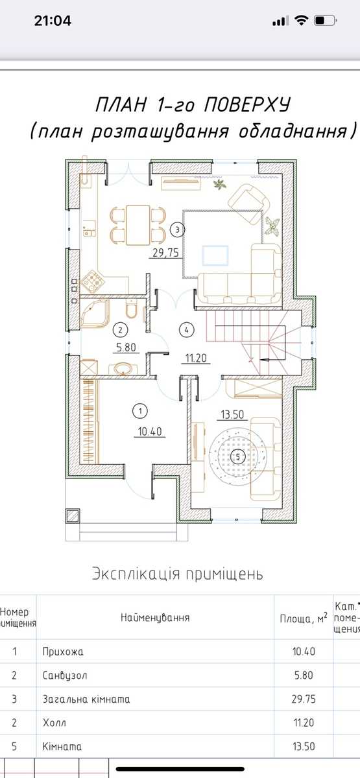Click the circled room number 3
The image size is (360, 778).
178,230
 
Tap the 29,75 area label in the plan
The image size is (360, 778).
166,252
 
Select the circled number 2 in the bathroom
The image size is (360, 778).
121,329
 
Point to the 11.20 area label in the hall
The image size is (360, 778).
197,358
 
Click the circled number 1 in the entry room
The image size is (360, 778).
140,411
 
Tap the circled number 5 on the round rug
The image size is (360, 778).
237,456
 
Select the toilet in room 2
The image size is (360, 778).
131,309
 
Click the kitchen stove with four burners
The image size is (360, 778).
92,281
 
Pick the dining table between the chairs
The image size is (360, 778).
138,225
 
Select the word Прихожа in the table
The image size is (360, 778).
63,651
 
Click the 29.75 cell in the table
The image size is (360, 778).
304,699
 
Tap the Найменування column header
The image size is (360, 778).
155,617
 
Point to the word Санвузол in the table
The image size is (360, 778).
65,675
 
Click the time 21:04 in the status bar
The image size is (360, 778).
53,21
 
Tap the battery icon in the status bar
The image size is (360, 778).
325,21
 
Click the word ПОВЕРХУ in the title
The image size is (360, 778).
246,105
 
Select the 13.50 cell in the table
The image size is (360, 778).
304,746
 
